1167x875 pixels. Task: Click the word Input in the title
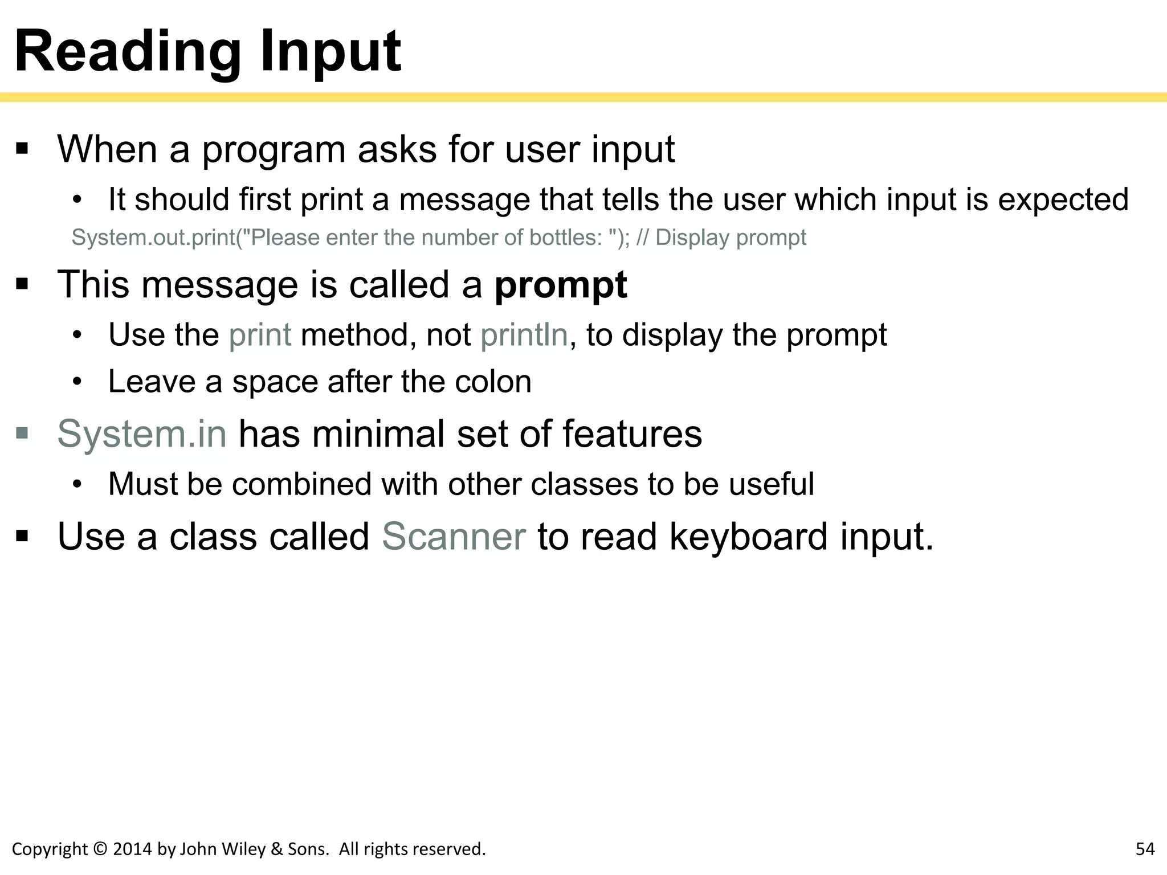(x=330, y=52)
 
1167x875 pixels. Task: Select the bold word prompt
(x=560, y=285)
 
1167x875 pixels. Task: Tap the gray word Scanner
(x=454, y=537)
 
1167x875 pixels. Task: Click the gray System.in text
(x=142, y=434)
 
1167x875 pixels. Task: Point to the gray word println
(x=524, y=335)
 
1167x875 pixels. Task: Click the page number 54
(x=1145, y=849)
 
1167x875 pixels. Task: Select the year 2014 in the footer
(x=133, y=849)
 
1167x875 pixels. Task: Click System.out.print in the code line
(x=153, y=238)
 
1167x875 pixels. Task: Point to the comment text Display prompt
(x=731, y=238)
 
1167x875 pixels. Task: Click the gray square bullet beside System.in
(x=22, y=434)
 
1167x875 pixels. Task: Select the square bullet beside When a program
(x=22, y=149)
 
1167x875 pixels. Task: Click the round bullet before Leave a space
(x=78, y=382)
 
